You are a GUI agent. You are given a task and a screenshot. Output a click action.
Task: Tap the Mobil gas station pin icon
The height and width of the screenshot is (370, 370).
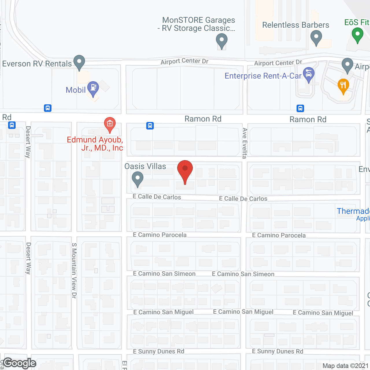[93, 88]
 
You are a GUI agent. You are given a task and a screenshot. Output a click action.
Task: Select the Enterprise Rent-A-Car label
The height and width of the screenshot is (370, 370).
[263, 76]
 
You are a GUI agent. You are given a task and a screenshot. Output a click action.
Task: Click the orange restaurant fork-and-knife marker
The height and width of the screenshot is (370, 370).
[343, 86]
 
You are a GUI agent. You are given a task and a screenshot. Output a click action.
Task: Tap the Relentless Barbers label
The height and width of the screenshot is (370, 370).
[295, 25]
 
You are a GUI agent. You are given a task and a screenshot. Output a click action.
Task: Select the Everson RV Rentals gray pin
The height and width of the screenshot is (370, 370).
[79, 62]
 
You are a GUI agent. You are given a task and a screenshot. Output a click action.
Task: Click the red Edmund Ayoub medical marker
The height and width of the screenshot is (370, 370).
[110, 124]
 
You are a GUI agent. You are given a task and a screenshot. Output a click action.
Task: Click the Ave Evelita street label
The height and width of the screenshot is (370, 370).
[245, 143]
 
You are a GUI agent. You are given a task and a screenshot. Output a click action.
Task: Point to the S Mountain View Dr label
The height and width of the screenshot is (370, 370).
[74, 270]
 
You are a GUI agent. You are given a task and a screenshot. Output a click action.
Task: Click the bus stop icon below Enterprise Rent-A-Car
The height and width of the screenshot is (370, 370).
[300, 108]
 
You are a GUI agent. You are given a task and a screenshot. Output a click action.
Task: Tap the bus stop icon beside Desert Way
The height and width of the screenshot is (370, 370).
[12, 125]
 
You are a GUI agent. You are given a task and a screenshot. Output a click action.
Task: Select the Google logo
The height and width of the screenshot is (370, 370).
[20, 363]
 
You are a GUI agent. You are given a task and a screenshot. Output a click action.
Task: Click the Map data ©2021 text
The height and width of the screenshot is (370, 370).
[345, 366]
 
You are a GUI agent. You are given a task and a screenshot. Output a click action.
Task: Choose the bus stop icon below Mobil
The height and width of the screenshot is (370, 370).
[48, 108]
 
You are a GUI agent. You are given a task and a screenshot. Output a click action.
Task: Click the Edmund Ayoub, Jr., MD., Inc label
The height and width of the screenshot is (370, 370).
[95, 144]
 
